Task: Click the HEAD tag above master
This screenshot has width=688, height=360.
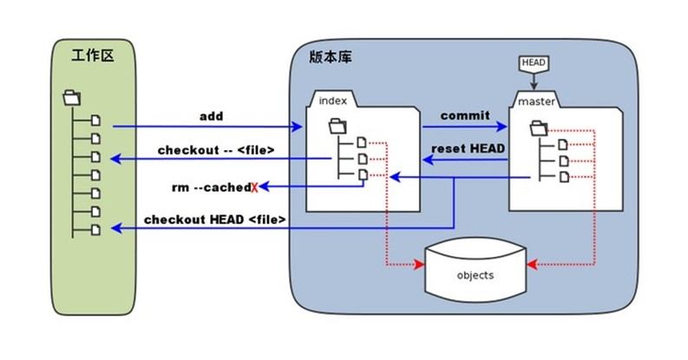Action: (533, 63)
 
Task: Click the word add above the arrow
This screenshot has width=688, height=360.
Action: (212, 116)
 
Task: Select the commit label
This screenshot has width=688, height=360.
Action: (465, 115)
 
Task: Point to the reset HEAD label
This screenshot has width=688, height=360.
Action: (468, 148)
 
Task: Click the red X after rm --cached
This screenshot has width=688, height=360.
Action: (254, 187)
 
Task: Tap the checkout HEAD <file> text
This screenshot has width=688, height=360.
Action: (215, 219)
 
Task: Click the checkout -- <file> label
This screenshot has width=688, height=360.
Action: (216, 150)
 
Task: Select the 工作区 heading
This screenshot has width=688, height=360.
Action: (93, 56)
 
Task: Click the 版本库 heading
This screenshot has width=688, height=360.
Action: (331, 56)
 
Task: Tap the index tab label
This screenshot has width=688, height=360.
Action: (332, 101)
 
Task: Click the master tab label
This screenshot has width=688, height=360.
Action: (537, 101)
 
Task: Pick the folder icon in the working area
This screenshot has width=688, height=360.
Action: (71, 97)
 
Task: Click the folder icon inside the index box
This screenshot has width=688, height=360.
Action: (337, 127)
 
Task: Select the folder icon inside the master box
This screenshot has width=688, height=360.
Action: (539, 128)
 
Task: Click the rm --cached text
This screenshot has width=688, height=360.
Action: (212, 187)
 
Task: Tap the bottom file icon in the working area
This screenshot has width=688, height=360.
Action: (95, 230)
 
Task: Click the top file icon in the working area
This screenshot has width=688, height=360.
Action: (95, 121)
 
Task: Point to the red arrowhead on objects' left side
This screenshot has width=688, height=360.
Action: (419, 265)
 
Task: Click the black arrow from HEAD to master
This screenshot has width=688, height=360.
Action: (534, 82)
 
